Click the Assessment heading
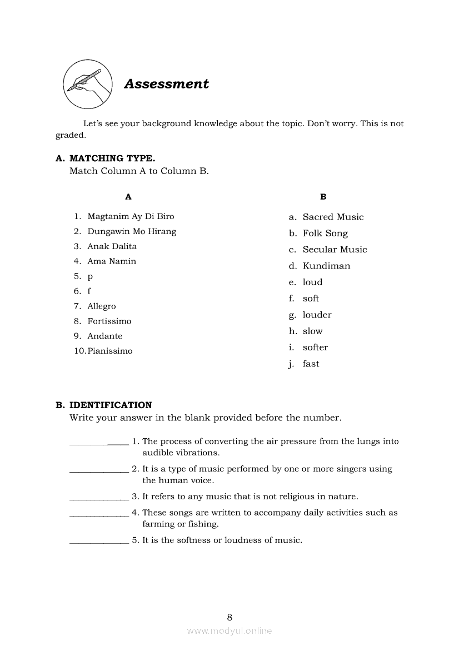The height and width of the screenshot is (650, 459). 166,84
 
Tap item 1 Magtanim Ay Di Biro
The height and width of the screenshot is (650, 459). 131,216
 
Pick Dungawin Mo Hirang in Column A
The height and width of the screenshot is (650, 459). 132,231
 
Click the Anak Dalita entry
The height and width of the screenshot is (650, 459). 112,246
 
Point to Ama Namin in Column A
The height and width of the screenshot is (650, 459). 112,261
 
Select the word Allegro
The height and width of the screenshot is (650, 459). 102,306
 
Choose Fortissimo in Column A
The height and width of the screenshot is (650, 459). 109,321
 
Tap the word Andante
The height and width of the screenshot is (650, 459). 104,336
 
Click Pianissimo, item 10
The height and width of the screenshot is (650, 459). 110,351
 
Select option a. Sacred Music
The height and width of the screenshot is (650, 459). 333,217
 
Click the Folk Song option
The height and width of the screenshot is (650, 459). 325,234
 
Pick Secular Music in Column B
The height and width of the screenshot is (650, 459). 335,250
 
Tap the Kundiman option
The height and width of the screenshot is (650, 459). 326,266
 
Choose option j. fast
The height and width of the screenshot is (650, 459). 311,364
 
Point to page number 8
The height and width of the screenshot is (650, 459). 229,617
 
